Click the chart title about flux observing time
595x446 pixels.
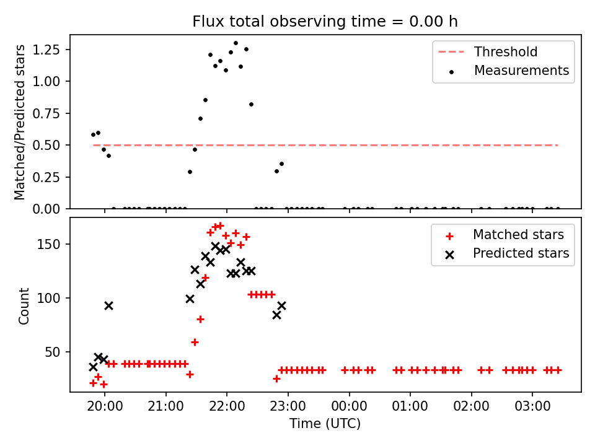click(325, 22)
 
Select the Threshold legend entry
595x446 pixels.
click(488, 51)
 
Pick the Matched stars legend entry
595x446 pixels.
click(505, 235)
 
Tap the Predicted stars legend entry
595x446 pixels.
click(508, 253)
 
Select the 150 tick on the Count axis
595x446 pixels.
click(48, 244)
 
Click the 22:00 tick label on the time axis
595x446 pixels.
click(227, 406)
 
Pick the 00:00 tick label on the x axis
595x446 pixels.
click(349, 406)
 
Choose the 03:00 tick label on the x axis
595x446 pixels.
click(532, 406)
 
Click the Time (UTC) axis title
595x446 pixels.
click(325, 423)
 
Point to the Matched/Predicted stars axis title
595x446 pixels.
click(19, 122)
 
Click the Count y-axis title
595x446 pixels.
click(24, 306)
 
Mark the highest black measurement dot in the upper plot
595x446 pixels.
click(236, 43)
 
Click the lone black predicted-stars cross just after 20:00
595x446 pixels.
click(109, 305)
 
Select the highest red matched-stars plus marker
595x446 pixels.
click(220, 225)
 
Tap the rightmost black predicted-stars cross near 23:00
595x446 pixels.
click(281, 305)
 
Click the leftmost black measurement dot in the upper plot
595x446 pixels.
click(94, 134)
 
